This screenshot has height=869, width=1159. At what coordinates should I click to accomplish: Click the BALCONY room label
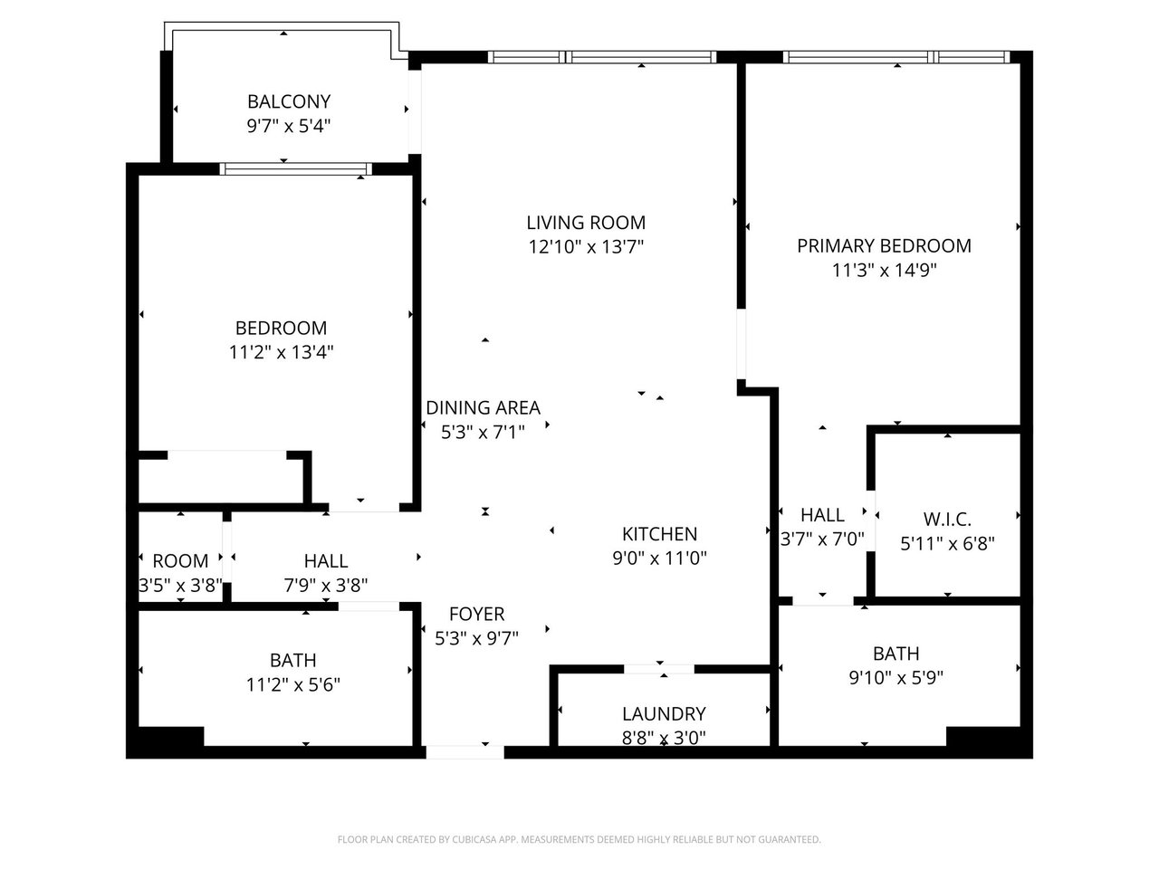pyautogui.click(x=289, y=101)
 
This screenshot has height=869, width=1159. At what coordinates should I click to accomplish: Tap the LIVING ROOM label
pyautogui.click(x=586, y=223)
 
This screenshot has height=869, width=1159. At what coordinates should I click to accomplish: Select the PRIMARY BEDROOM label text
pyautogui.click(x=884, y=246)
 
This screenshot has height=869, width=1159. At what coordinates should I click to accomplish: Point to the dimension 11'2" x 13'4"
pyautogui.click(x=281, y=352)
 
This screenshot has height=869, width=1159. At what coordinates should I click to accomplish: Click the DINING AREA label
pyautogui.click(x=484, y=408)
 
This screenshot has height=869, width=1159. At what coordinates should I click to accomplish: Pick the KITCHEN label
pyautogui.click(x=659, y=534)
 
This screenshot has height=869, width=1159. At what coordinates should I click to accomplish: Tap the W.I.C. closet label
pyautogui.click(x=947, y=520)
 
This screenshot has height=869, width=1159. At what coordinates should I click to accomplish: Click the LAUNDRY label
pyautogui.click(x=664, y=714)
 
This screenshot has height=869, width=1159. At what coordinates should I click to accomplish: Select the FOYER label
pyautogui.click(x=477, y=614)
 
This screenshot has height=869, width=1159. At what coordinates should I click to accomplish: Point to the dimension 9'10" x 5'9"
pyautogui.click(x=896, y=677)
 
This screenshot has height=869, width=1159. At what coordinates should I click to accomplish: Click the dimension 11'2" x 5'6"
pyautogui.click(x=293, y=685)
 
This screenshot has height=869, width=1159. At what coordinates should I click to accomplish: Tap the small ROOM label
pyautogui.click(x=180, y=561)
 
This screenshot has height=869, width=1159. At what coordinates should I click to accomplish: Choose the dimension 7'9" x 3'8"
pyautogui.click(x=326, y=585)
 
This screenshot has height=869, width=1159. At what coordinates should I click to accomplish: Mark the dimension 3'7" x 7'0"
pyautogui.click(x=822, y=540)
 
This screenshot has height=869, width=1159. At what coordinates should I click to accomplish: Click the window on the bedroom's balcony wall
pyautogui.click(x=296, y=169)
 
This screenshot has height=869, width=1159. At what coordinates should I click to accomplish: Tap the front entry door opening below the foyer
pyautogui.click(x=465, y=752)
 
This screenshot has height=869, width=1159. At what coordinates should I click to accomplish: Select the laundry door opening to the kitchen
pyautogui.click(x=659, y=669)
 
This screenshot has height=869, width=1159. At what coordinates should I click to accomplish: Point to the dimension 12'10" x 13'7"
pyautogui.click(x=586, y=247)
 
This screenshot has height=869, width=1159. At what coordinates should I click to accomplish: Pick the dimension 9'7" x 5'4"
pyautogui.click(x=289, y=126)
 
